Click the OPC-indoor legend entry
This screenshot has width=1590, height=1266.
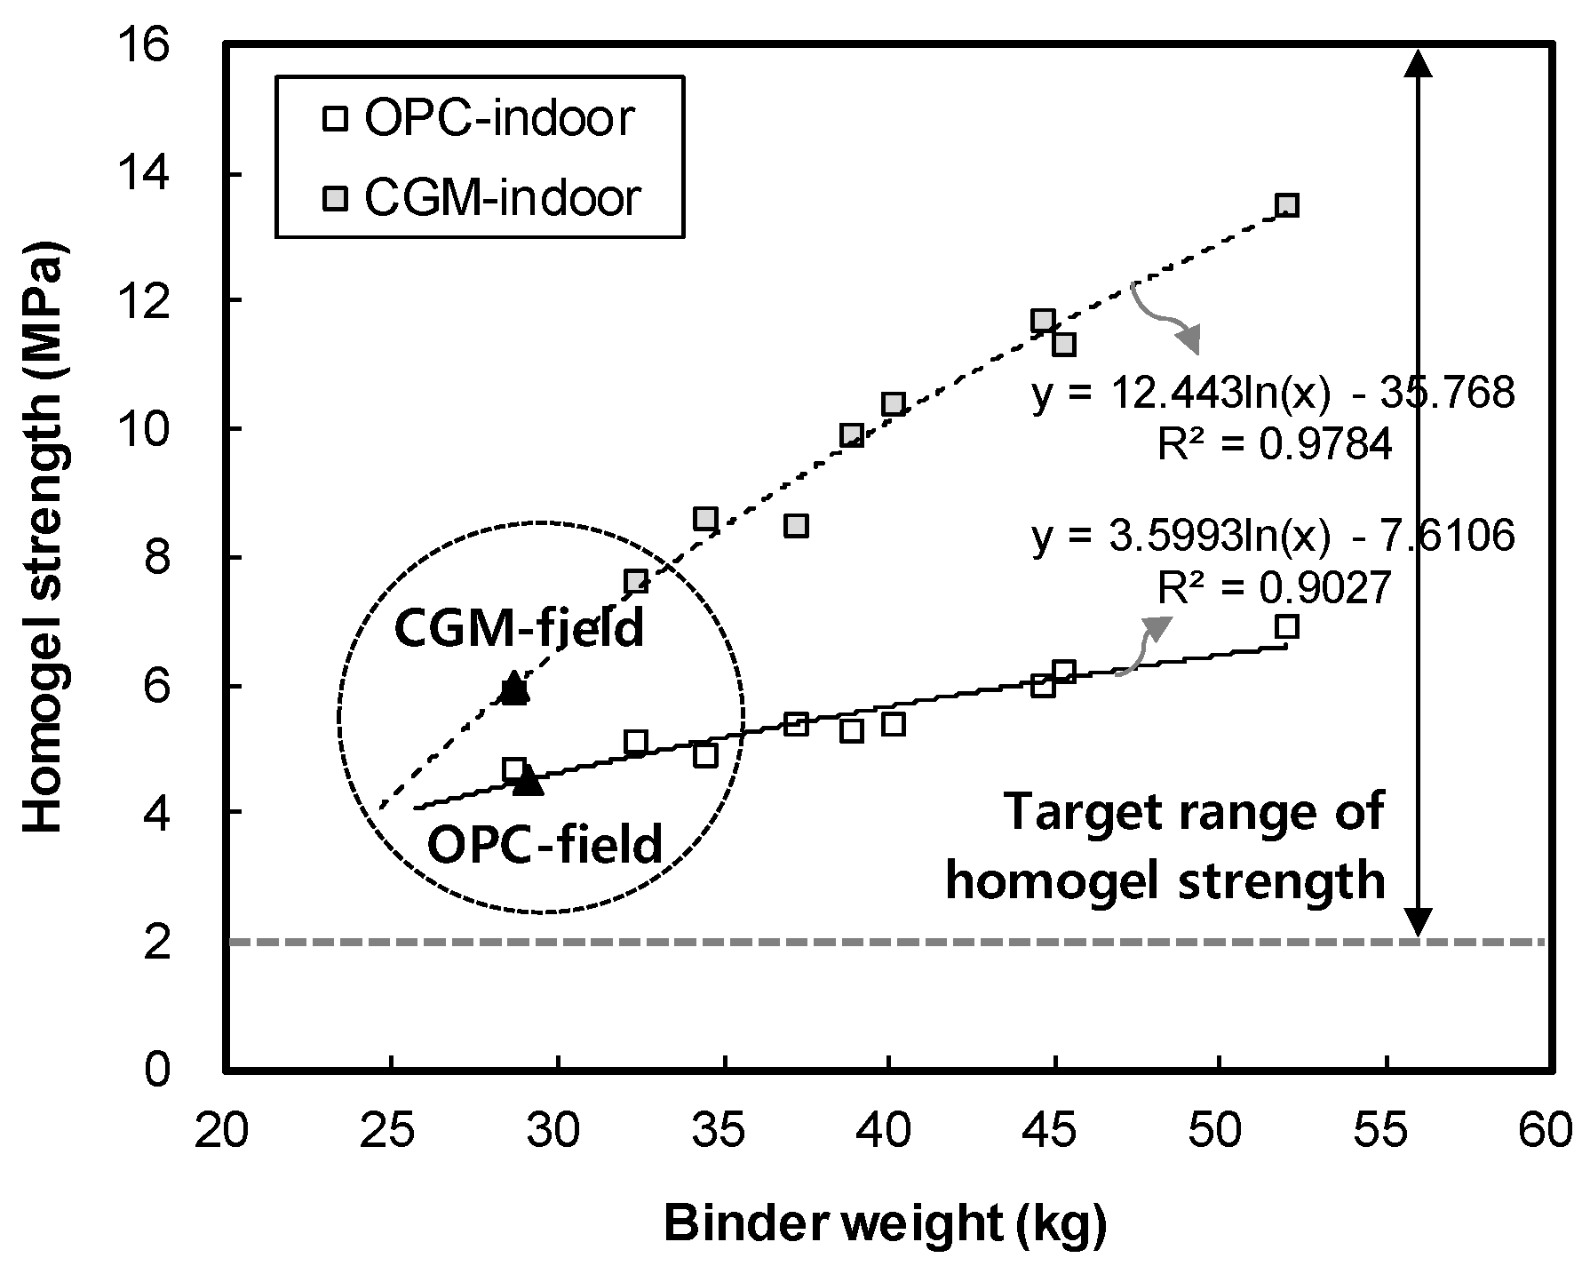[480, 118]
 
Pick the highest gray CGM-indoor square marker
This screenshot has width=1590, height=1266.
[1286, 205]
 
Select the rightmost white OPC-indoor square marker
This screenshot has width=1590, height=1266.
[1286, 626]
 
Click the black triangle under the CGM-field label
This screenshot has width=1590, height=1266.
[514, 688]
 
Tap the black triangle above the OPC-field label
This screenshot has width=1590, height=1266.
[529, 780]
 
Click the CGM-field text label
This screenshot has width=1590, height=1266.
[519, 629]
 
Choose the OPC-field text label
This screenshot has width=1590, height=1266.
[545, 845]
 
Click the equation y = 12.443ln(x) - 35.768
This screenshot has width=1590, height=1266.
[1272, 393]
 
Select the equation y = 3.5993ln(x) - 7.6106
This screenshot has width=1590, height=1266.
[1272, 537]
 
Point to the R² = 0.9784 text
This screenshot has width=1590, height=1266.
[1274, 445]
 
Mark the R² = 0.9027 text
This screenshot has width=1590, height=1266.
[1274, 587]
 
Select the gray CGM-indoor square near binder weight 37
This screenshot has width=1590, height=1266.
[796, 526]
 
